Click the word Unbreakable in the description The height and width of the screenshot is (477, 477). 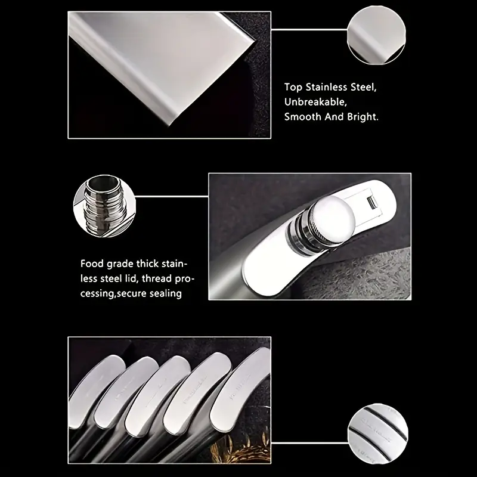click(315, 102)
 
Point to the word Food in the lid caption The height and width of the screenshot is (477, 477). click(92, 264)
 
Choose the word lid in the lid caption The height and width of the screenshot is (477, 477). click(132, 278)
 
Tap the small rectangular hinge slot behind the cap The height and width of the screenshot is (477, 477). click(371, 202)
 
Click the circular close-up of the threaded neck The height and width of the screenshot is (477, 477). click(104, 206)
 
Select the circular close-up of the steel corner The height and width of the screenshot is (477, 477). click(376, 35)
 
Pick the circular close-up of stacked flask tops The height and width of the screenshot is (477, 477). click(378, 434)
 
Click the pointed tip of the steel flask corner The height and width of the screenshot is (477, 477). click(171, 125)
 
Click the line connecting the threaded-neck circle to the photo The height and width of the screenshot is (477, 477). click(172, 197)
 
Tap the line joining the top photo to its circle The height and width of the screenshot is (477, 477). click(309, 30)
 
